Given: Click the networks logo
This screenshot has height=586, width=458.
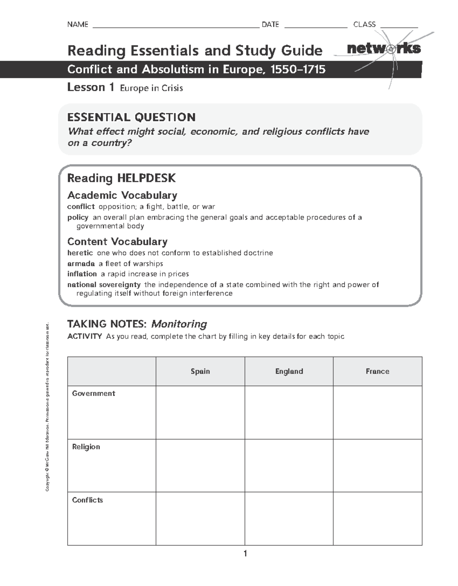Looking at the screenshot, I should (384, 49).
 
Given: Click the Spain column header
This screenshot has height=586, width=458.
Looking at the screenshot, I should (200, 371).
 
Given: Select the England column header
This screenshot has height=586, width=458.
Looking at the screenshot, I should (289, 371).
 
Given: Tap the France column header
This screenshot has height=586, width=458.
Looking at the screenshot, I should (377, 371).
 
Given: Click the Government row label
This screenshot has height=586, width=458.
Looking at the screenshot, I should (94, 393).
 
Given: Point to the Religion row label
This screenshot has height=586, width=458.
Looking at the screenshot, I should (86, 447).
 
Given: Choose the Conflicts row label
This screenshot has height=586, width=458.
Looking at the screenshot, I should (87, 500).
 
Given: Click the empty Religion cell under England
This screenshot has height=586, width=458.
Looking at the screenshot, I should (289, 465).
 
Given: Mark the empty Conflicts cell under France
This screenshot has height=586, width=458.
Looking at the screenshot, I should (377, 518).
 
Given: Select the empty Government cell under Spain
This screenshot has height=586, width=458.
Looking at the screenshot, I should (200, 412).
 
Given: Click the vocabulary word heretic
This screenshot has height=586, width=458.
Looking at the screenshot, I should (80, 253).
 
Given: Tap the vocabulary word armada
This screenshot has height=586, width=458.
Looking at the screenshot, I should (81, 264).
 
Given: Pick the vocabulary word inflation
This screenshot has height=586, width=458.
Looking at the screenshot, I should (82, 274).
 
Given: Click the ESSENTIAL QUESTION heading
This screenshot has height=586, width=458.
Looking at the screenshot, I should (131, 117).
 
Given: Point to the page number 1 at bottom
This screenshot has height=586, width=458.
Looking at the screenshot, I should (245, 554).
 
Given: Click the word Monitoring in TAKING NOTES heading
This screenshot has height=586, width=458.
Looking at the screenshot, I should (179, 324).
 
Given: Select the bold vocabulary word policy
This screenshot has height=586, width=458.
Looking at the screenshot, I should (78, 217).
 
